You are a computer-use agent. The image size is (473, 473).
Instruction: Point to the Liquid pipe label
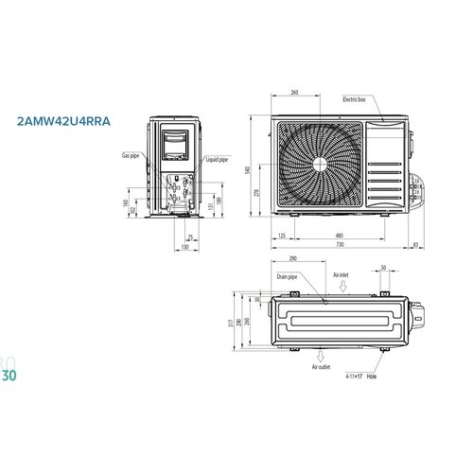(x=217, y=160)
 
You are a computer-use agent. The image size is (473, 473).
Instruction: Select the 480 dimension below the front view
(x=338, y=235)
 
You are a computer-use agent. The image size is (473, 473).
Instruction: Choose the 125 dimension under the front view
(x=283, y=235)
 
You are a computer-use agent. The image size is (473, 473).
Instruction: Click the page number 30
(x=9, y=374)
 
